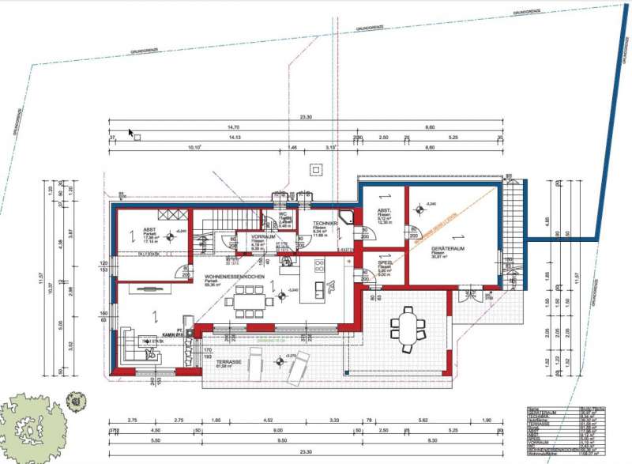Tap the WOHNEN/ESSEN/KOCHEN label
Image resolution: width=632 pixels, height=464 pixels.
point(233,277)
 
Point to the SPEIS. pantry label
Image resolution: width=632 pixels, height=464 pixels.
point(385,265)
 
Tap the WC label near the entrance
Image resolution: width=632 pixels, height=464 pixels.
point(282,214)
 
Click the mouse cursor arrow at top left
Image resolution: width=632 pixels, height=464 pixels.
point(131,133)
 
